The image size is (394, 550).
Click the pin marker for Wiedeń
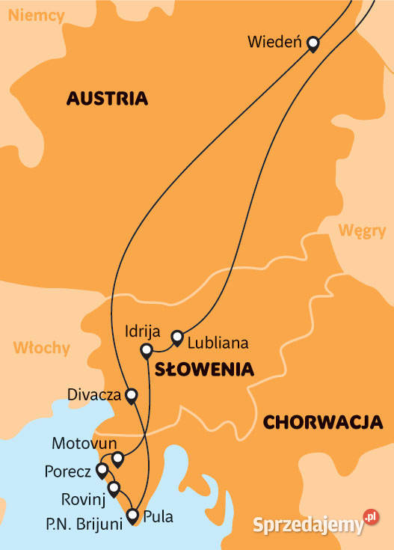(x=313, y=44)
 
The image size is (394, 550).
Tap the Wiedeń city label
(x=274, y=43)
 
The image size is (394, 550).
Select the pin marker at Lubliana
(x=177, y=337)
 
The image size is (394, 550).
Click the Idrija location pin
(x=147, y=349)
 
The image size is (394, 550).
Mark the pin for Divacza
(x=132, y=395)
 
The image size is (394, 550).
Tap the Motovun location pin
(x=117, y=458)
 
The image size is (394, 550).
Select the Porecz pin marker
(x=102, y=470)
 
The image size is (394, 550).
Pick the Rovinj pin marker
(x=114, y=489)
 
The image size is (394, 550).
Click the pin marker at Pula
(x=132, y=515)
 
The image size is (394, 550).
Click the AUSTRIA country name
(x=107, y=99)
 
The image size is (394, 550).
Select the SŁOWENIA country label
(x=204, y=369)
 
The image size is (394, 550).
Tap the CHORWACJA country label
(x=323, y=422)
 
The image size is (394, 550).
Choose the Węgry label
(x=361, y=230)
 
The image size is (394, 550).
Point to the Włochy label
(x=41, y=348)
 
